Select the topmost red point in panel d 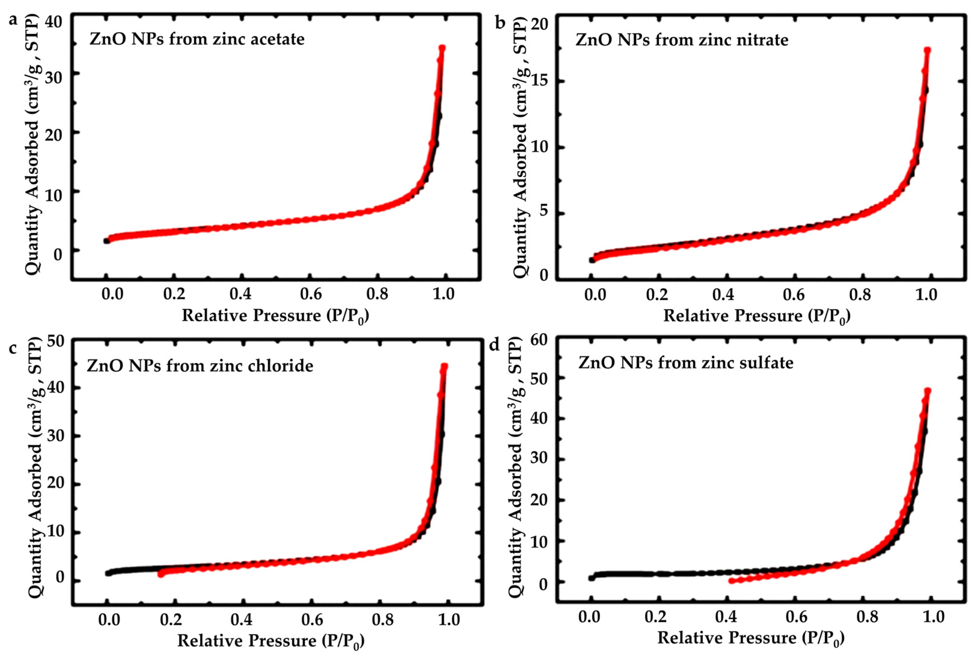tap(927, 391)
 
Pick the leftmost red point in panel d tap(731, 581)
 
